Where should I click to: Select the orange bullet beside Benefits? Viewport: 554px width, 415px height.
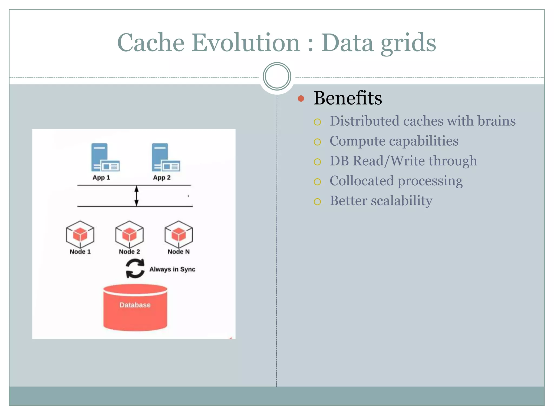(x=301, y=98)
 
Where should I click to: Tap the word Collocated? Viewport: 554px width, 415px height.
(x=361, y=181)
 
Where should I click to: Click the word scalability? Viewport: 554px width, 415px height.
(x=401, y=201)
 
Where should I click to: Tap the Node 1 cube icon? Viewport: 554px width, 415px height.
(x=80, y=234)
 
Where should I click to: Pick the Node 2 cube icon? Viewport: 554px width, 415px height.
(x=129, y=234)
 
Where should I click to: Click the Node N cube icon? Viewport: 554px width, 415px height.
(x=179, y=234)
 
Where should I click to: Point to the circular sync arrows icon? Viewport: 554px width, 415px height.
(x=135, y=269)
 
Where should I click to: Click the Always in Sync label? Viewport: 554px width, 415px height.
(x=172, y=269)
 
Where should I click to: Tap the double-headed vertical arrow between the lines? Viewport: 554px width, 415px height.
(x=137, y=196)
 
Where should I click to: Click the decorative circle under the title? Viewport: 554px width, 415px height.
(x=277, y=76)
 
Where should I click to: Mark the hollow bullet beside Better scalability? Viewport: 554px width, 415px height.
(x=317, y=202)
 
